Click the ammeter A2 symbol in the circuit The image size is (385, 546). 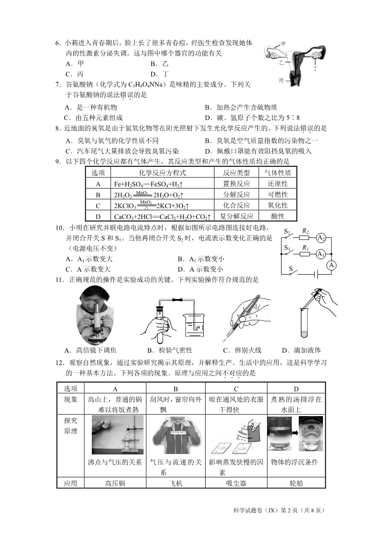(321, 238)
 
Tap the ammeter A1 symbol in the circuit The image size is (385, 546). (321, 254)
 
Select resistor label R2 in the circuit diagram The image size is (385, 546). (305, 231)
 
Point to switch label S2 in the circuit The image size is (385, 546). (288, 232)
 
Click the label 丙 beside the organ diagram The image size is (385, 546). (282, 81)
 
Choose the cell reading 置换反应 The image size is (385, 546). (236, 184)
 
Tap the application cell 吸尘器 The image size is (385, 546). (236, 483)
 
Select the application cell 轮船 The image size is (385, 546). (296, 483)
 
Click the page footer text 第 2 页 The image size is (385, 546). (285, 511)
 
